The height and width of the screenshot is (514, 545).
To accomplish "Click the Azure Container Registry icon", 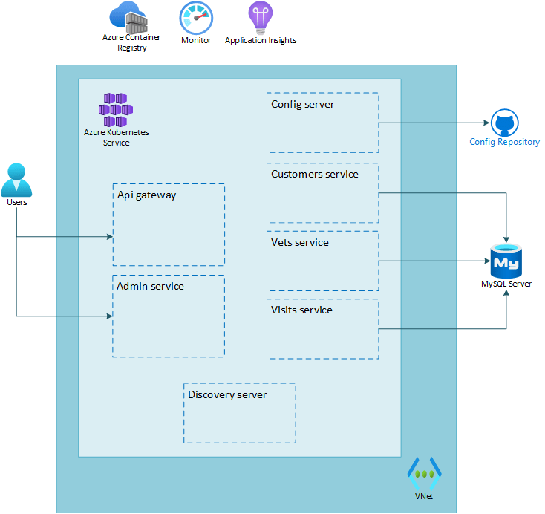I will coord(128,16).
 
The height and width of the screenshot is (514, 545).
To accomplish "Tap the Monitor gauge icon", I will coord(196,18).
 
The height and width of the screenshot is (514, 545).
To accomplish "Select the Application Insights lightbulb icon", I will coord(260,18).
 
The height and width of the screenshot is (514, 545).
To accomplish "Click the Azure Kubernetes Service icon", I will coord(116,109).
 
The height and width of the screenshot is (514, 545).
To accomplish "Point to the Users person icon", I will coord(17,179).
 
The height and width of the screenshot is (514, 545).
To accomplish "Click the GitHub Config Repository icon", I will coord(504,123).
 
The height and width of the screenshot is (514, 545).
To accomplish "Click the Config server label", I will coord(302,105).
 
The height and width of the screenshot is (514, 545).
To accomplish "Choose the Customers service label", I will coord(314,175).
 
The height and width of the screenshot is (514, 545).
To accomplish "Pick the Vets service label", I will coord(299,243).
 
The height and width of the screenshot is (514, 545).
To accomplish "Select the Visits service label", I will coord(301,310).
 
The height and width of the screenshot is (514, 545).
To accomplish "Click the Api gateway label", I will coord(146,195).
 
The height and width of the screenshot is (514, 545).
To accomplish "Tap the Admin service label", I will coord(150,286).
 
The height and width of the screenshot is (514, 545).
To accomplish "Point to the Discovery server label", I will coord(227,394).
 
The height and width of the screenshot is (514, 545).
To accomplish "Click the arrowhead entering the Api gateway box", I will coord(110,238).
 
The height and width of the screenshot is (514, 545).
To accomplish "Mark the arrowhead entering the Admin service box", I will coord(110,316).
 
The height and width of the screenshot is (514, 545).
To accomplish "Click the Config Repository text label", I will coord(504,142).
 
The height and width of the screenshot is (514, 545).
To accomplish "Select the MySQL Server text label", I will coord(506,284).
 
